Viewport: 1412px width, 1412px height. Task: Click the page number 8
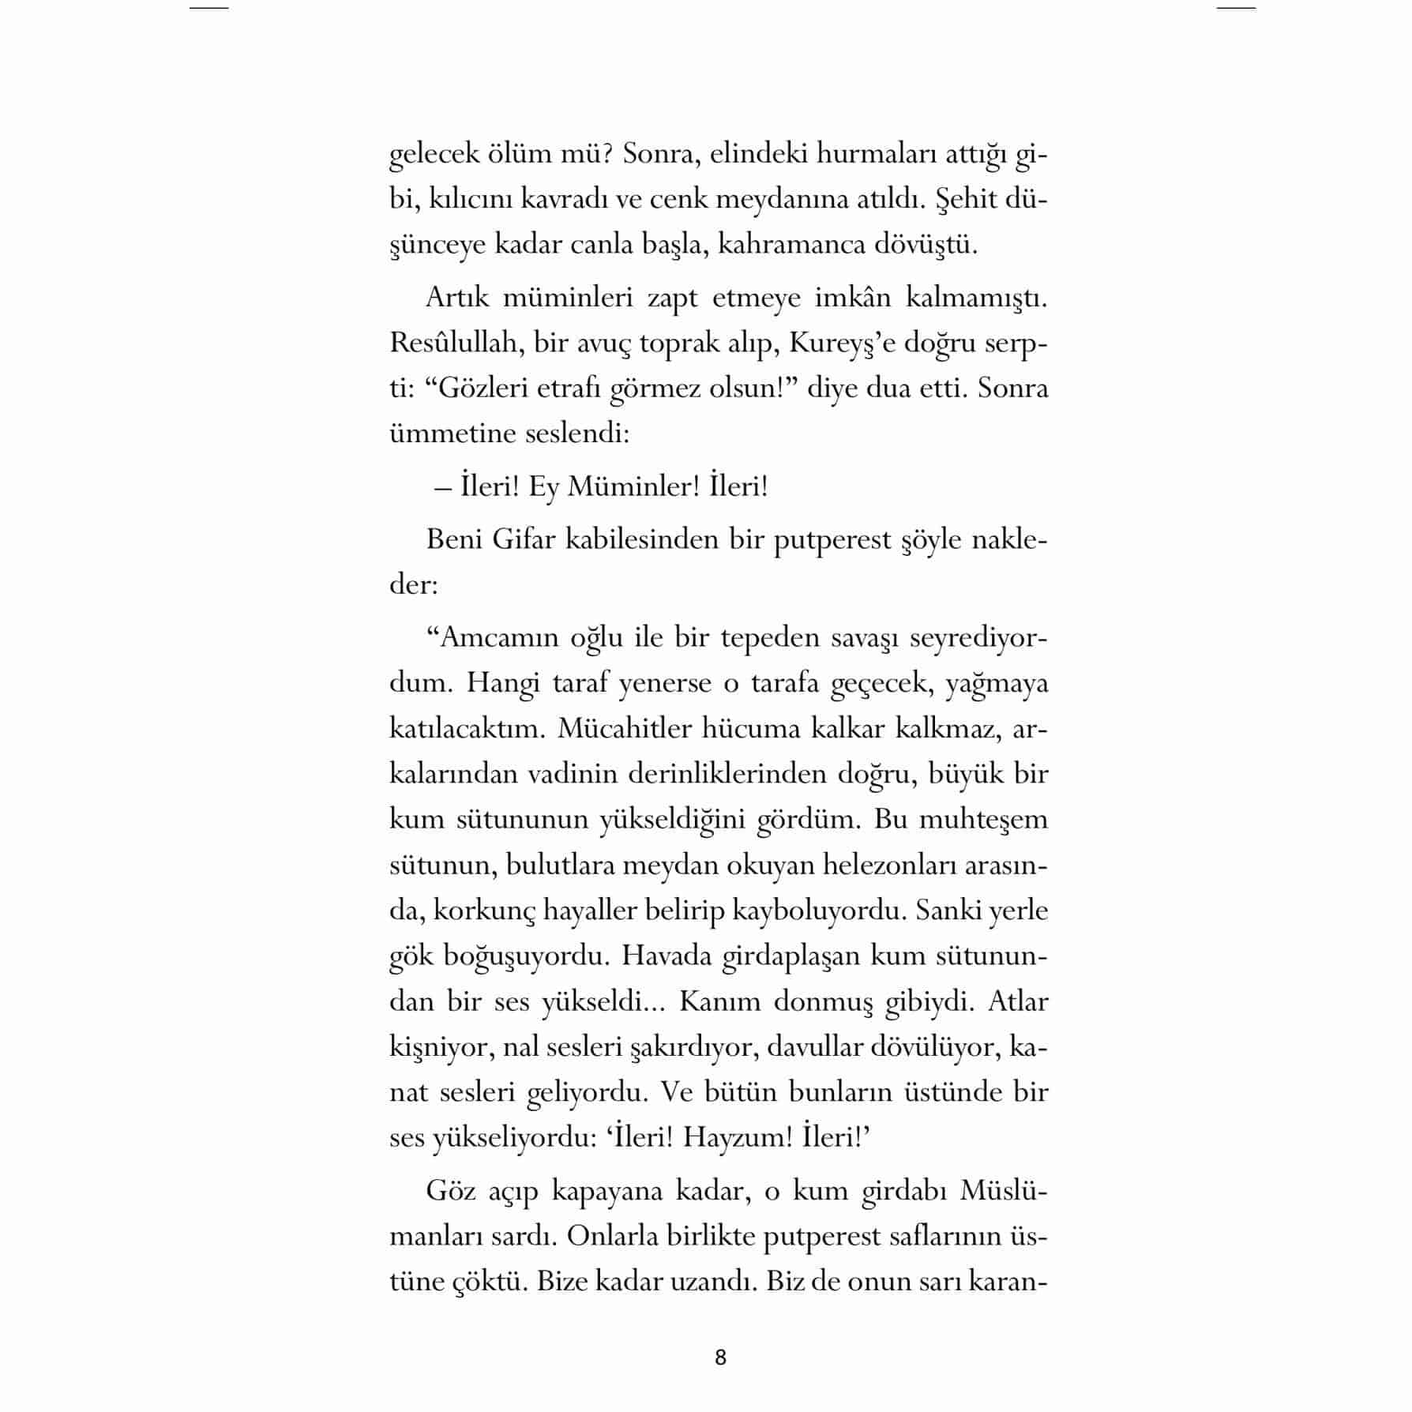(719, 1357)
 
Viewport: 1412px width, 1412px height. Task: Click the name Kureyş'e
(831, 344)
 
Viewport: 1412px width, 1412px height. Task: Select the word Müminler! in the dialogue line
(633, 486)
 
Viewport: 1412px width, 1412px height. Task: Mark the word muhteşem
(983, 819)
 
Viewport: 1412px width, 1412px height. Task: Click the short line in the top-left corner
(208, 8)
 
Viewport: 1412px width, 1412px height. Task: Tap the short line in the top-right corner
(1236, 8)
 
